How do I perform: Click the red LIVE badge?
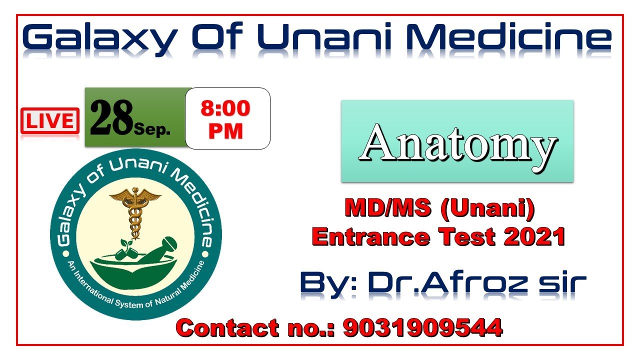50,121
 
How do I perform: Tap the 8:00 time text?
225,109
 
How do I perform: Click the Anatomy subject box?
457,141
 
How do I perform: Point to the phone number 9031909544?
422,328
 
